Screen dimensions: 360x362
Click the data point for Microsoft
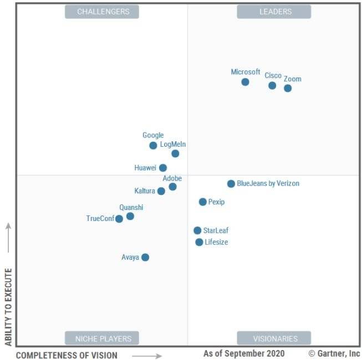tap(245, 82)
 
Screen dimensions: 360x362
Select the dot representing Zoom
tap(288, 88)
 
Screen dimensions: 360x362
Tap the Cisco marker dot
tap(272, 85)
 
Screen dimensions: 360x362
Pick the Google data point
tap(153, 146)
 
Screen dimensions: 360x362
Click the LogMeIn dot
tap(175, 153)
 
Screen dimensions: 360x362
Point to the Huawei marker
tap(163, 168)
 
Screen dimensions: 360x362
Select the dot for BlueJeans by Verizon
tap(231, 184)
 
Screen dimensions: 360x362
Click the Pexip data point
tap(203, 202)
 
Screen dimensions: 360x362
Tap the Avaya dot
tap(145, 257)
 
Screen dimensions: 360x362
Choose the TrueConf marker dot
tap(119, 219)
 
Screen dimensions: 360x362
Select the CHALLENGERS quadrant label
tap(102, 12)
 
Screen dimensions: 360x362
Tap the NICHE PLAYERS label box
tap(102, 338)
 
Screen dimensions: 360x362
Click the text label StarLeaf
tap(216, 230)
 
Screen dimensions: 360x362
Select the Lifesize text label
tap(216, 242)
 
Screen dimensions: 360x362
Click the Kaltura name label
tap(144, 191)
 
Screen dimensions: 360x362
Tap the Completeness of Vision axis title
tap(67, 355)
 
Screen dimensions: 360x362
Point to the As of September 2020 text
tap(244, 353)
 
